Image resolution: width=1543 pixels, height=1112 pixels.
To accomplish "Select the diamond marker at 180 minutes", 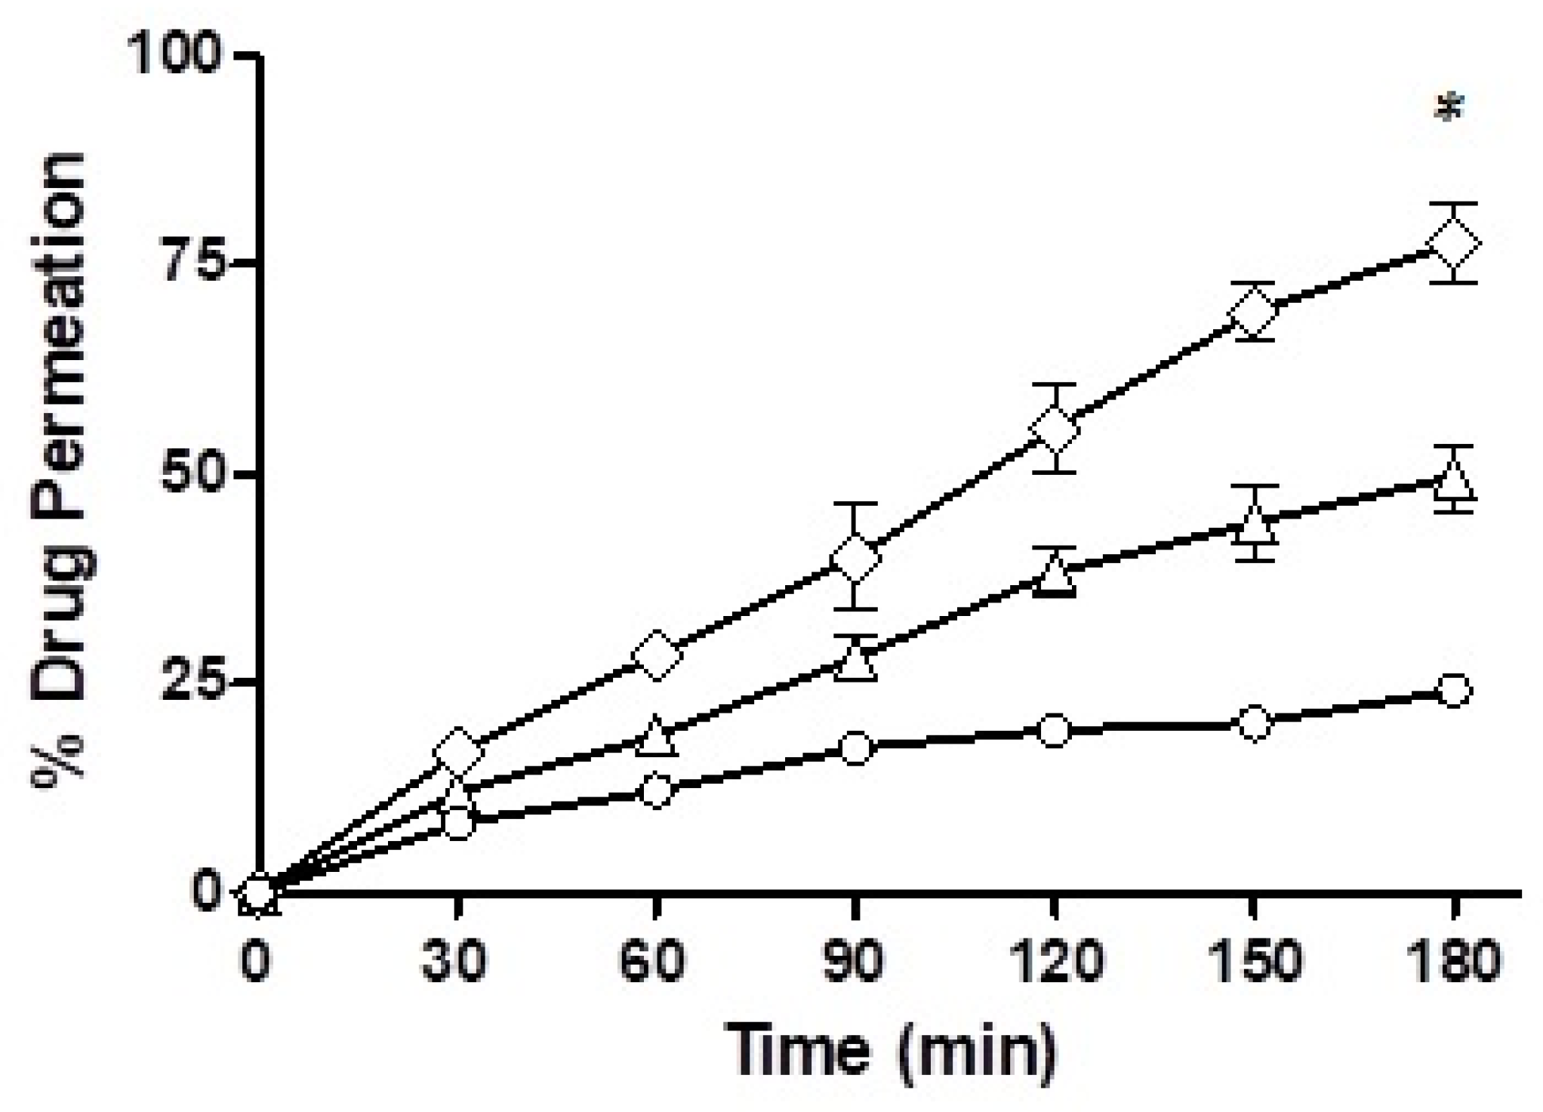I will coord(1453,244).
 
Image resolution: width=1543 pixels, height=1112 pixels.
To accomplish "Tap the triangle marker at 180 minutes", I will coord(1453,481).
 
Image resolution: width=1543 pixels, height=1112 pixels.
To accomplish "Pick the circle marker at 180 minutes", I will coord(1454,690).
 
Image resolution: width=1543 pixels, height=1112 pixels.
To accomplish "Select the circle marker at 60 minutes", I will coord(656,791).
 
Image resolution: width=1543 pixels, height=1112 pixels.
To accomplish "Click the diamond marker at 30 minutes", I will coord(457,751).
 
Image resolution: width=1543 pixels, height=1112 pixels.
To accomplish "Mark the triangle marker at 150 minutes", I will coord(1254,525).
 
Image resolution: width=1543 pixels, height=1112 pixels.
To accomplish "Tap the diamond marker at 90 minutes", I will coord(855,557).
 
